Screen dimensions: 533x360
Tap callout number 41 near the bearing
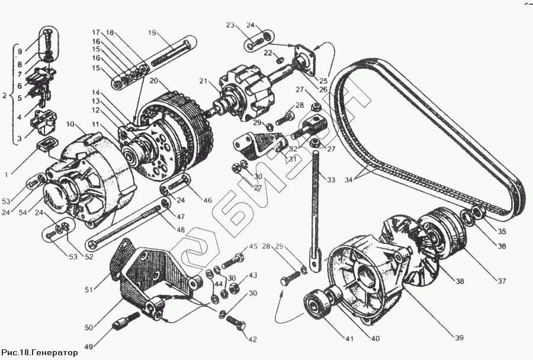(x=349, y=339)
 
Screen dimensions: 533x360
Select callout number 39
(x=458, y=337)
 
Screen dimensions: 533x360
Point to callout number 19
(x=152, y=33)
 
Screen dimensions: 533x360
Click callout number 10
(x=70, y=124)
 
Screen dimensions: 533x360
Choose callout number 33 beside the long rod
(x=330, y=179)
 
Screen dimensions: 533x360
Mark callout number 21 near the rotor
(x=203, y=81)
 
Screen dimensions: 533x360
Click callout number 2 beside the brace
(x=4, y=95)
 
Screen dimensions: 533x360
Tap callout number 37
(x=502, y=281)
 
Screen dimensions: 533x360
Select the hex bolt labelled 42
(x=236, y=322)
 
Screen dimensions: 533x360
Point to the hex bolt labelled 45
(x=233, y=261)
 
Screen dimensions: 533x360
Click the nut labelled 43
(x=234, y=288)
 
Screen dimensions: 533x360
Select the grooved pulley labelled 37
(x=442, y=235)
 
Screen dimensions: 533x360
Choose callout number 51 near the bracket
(x=89, y=290)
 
